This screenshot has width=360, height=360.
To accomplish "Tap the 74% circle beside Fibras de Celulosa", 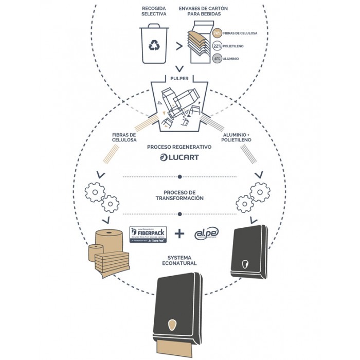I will pos(218,33).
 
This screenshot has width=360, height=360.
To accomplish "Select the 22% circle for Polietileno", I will pos(218,46).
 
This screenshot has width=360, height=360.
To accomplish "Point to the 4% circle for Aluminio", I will pos(218,59).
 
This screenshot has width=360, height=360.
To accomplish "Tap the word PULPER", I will pos(179,78).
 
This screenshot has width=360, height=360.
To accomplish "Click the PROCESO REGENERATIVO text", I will pos(179,147).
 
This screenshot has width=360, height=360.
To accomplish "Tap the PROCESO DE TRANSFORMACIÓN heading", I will pos(179,195).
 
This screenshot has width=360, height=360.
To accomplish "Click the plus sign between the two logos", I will pos(179,234).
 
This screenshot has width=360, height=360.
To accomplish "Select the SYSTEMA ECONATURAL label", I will pos(179,261).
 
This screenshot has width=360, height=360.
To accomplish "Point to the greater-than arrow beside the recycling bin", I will pos(179,46).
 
